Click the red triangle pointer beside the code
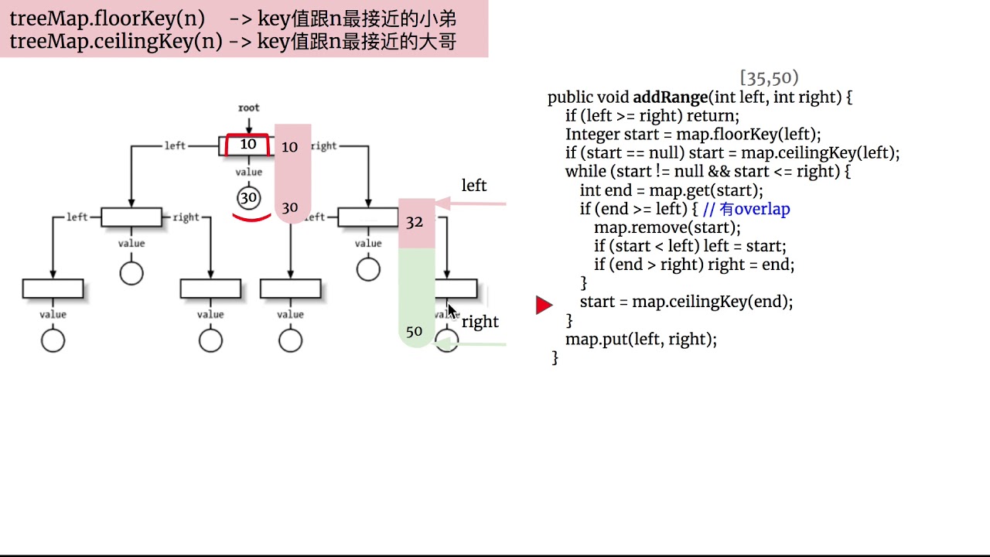[x=544, y=305]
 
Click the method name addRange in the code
[x=670, y=97]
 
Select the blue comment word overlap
[x=762, y=209]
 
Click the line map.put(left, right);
[x=641, y=339]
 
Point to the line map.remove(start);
[x=667, y=227]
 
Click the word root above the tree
[x=249, y=108]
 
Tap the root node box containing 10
[x=247, y=145]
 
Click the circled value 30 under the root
[x=248, y=198]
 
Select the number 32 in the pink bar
[x=415, y=222]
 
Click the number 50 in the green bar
[x=415, y=331]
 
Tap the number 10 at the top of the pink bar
[x=290, y=146]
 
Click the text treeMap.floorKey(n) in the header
[x=107, y=18]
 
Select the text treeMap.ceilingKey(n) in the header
[x=116, y=41]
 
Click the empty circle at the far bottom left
[x=53, y=340]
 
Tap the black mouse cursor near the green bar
[x=452, y=311]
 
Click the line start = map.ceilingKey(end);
[x=686, y=302]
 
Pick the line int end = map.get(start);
[x=671, y=190]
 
